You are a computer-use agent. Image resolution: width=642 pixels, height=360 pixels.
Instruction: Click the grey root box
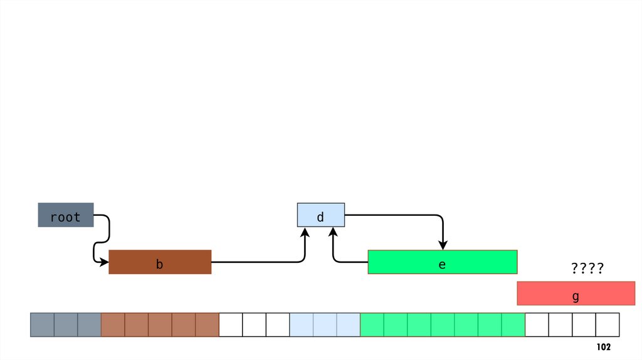[x=66, y=215]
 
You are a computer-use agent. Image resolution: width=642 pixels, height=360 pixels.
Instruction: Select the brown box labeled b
[x=160, y=262]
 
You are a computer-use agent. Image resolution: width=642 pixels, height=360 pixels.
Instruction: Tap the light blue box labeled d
[x=320, y=215]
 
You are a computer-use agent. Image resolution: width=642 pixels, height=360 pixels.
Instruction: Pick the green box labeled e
[x=442, y=262]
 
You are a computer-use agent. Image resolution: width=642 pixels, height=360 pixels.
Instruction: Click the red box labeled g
[x=576, y=294]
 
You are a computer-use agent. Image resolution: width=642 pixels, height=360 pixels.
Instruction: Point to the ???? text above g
[x=587, y=270]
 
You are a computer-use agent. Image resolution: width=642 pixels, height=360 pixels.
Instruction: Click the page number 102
[x=603, y=347]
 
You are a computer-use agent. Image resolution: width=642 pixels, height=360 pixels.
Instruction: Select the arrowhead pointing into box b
[x=104, y=262]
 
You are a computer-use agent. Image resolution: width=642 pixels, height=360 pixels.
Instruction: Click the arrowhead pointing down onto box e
[x=443, y=245]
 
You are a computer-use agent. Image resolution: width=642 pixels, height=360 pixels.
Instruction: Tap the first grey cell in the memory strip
[x=43, y=325]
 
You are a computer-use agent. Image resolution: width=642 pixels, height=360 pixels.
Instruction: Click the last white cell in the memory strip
[x=607, y=325]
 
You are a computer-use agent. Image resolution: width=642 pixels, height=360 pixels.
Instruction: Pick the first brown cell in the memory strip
[x=113, y=325]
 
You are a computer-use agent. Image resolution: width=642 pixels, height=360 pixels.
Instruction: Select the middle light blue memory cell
[x=325, y=325]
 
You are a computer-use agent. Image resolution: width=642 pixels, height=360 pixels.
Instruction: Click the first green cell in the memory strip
[x=372, y=325]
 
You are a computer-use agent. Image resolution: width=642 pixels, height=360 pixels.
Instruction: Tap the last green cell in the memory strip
[x=513, y=325]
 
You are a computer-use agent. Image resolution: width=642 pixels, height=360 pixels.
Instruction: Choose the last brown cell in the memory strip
[x=207, y=325]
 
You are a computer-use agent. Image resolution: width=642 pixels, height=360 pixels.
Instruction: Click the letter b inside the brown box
[x=160, y=265]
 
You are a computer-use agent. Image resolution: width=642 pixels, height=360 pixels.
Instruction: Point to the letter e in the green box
[x=442, y=265]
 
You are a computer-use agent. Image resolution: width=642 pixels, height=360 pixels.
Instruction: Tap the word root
[x=66, y=218]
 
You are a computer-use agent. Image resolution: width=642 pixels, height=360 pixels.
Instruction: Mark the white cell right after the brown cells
[x=231, y=325]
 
